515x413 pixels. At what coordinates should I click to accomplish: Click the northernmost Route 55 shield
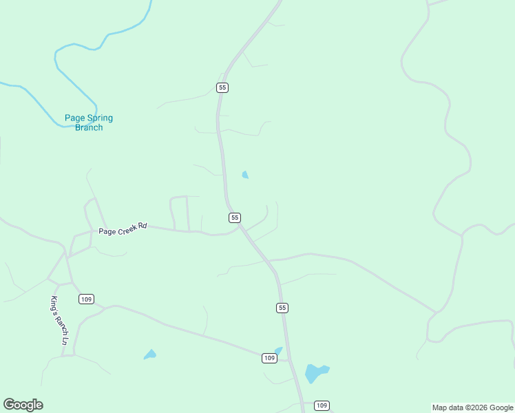[222, 87]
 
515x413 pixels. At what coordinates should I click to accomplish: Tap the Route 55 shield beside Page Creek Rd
[235, 218]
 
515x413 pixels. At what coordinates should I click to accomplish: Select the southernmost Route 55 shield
[282, 308]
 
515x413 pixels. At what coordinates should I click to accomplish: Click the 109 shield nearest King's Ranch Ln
[86, 299]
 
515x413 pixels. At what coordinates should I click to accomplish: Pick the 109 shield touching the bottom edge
[322, 406]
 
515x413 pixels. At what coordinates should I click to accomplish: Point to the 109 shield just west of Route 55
[269, 358]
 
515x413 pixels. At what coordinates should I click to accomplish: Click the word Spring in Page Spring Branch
[100, 118]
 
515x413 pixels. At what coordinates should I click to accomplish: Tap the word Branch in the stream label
[89, 127]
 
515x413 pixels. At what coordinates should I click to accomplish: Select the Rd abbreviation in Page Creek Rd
[143, 226]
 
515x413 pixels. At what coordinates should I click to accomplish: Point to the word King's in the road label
[55, 303]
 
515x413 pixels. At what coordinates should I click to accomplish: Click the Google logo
[23, 405]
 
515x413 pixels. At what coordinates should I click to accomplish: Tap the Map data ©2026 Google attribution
[472, 407]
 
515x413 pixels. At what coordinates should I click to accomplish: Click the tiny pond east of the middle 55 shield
[245, 175]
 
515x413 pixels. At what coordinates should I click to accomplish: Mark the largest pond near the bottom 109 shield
[315, 372]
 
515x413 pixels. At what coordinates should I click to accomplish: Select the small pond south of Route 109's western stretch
[149, 354]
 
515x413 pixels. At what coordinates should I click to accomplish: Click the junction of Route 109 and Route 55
[289, 360]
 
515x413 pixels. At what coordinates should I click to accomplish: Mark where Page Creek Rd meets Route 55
[238, 228]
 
